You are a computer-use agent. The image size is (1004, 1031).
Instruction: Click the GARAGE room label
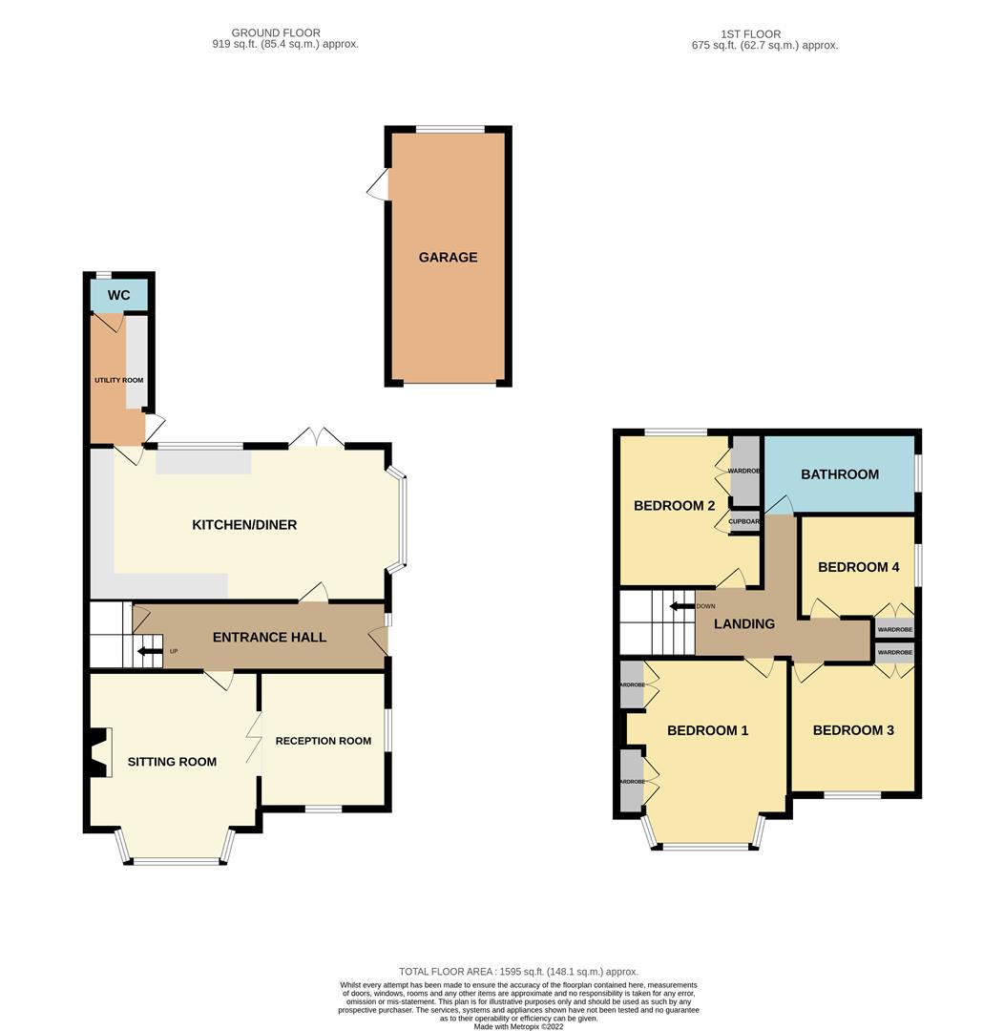coord(448,257)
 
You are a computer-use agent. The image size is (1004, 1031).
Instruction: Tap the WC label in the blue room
coord(118,295)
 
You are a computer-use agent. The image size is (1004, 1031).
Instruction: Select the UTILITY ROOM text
coord(118,380)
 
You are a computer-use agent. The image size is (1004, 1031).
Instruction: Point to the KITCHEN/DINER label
coord(244,524)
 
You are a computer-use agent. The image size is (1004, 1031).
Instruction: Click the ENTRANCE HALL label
coord(269,637)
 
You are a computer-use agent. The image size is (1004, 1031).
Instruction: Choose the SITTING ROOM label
coord(172,762)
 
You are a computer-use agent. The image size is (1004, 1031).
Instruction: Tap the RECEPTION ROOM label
coord(324,741)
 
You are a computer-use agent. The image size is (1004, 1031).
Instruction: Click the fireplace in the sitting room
coord(98,753)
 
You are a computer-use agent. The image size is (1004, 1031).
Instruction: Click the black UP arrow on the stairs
coord(150,652)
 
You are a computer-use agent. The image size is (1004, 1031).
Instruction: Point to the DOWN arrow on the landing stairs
coord(681,606)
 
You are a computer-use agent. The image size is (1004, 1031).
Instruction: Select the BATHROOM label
coord(840,473)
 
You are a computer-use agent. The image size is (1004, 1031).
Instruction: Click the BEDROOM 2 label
coord(675,506)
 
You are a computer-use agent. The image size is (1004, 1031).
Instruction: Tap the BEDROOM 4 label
coord(859,567)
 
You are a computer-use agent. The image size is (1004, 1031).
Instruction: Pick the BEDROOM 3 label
coord(853,730)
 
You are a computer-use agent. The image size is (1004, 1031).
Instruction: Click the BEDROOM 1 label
coord(707,730)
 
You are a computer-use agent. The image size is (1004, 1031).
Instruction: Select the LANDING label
coord(744,623)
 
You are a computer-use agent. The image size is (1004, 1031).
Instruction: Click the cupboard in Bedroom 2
coord(744,521)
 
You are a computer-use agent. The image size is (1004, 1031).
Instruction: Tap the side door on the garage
coord(379,185)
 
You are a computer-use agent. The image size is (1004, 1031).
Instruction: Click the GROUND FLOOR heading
coord(276,33)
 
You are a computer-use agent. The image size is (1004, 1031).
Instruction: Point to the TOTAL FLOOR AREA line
coord(518,971)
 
